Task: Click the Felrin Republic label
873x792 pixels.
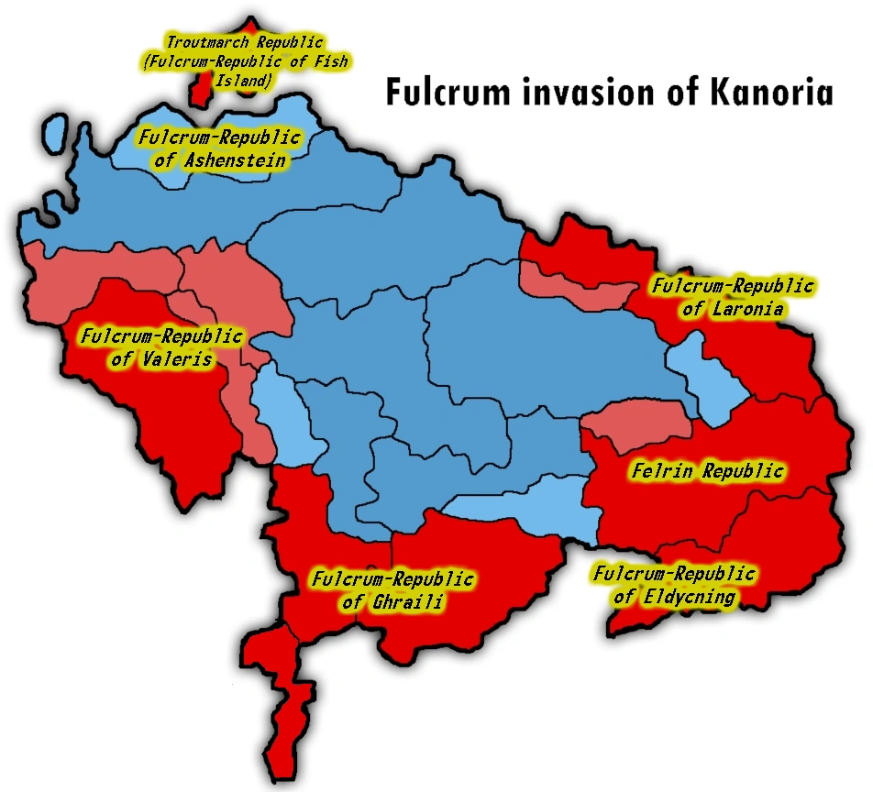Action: (708, 471)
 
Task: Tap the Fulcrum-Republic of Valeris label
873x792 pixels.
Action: (161, 347)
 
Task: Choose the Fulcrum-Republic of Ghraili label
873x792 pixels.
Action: (392, 590)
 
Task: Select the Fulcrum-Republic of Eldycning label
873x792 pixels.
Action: (675, 586)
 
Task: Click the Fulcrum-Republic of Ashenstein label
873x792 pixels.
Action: (220, 148)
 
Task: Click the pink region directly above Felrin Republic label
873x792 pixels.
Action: (638, 427)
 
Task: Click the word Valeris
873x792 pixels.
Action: (176, 358)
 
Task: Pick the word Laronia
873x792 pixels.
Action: (746, 309)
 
